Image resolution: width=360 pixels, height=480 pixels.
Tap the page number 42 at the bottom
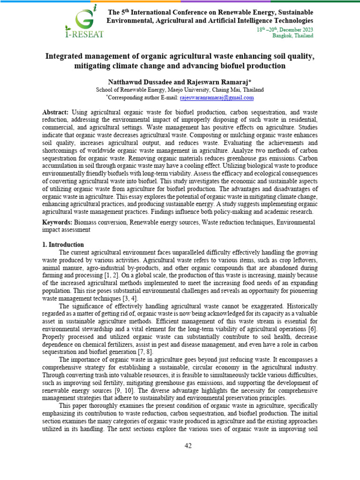pos(187,446)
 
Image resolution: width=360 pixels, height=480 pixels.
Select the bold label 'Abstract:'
pos(55,113)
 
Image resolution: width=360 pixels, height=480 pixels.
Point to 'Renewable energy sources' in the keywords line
pos(164,222)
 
